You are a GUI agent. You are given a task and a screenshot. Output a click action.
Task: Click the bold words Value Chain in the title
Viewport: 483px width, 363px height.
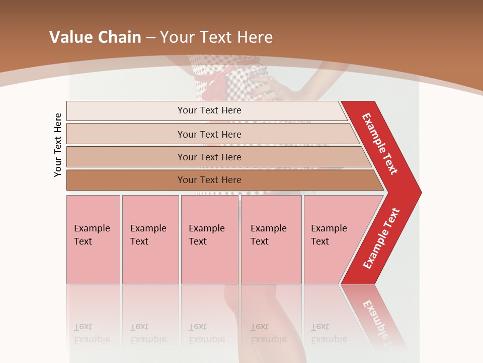click(95, 37)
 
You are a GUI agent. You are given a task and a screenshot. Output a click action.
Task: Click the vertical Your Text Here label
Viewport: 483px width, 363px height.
click(58, 145)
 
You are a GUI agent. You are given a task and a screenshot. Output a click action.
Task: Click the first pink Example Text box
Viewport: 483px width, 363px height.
click(93, 239)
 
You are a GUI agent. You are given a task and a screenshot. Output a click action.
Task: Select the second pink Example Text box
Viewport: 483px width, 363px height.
click(150, 239)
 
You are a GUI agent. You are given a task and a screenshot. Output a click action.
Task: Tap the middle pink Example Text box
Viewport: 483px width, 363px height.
click(209, 239)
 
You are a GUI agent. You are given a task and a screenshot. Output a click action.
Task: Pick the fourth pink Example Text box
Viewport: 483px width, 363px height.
click(271, 239)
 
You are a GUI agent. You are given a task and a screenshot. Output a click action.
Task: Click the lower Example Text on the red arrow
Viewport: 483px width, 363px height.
click(381, 238)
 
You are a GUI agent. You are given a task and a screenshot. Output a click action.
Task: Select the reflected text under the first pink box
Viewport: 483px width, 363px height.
click(93, 333)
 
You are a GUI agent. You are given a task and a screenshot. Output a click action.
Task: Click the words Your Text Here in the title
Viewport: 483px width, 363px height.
click(216, 37)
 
